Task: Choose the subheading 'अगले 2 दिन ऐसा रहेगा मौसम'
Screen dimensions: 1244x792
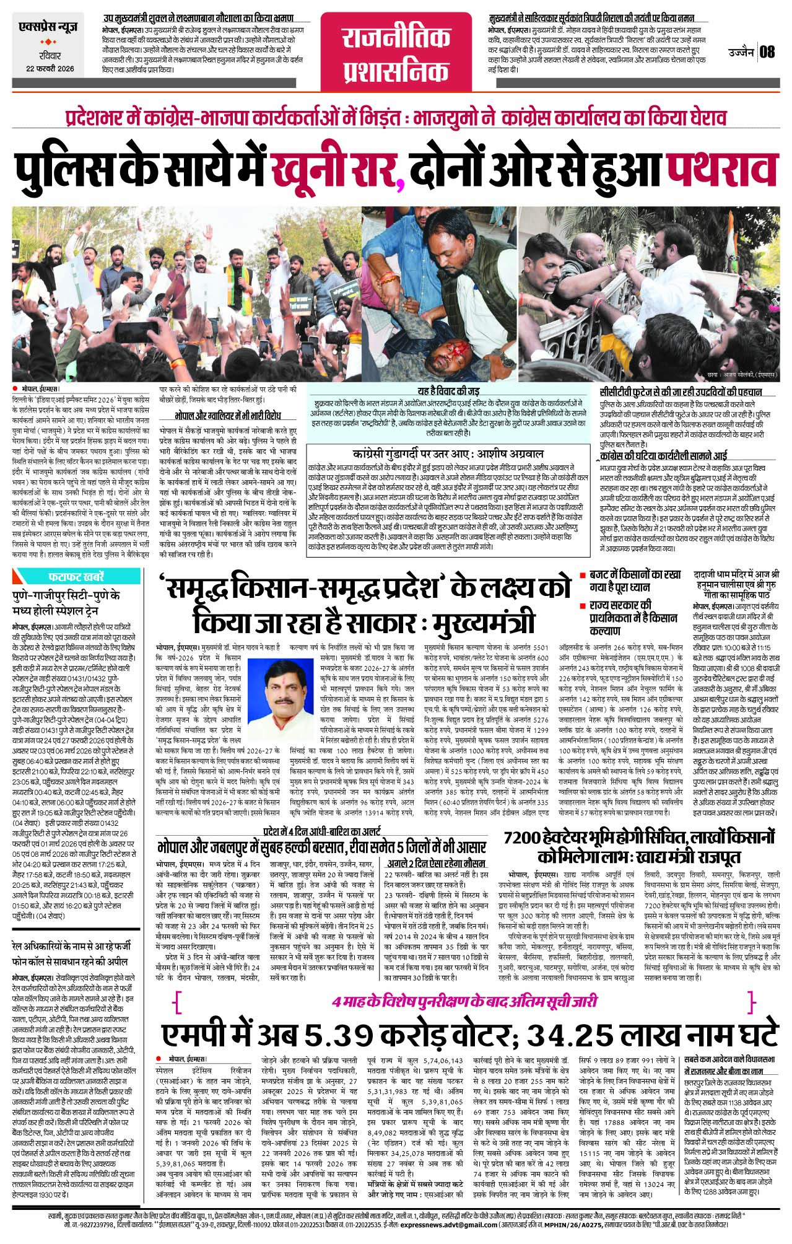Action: coord(437,862)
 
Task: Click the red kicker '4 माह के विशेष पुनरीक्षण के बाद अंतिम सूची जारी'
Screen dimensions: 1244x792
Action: coord(464,1001)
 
